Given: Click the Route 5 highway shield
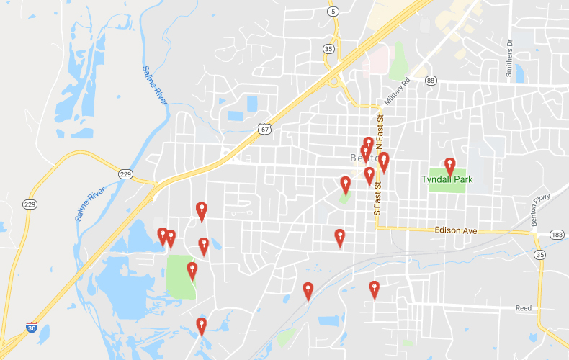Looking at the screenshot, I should pos(332,12).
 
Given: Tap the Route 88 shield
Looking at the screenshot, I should pos(431,81).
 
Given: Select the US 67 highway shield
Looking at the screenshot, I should pos(264,128).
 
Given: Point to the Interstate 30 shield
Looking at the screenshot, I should pos(32,328).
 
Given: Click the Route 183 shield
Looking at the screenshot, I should pos(555,235).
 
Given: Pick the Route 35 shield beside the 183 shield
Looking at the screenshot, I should pos(539,255).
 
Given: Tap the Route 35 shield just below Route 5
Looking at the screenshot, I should pos(328,49).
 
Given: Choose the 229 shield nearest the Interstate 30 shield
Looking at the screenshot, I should pos(30,204).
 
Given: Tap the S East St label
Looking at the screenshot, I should pos(376,199).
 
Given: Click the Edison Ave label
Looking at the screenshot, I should pos(456,231).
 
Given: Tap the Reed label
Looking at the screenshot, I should pos(523,308).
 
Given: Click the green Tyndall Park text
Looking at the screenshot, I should pos(445,179).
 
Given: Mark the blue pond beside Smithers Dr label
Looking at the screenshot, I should pos(519,73).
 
